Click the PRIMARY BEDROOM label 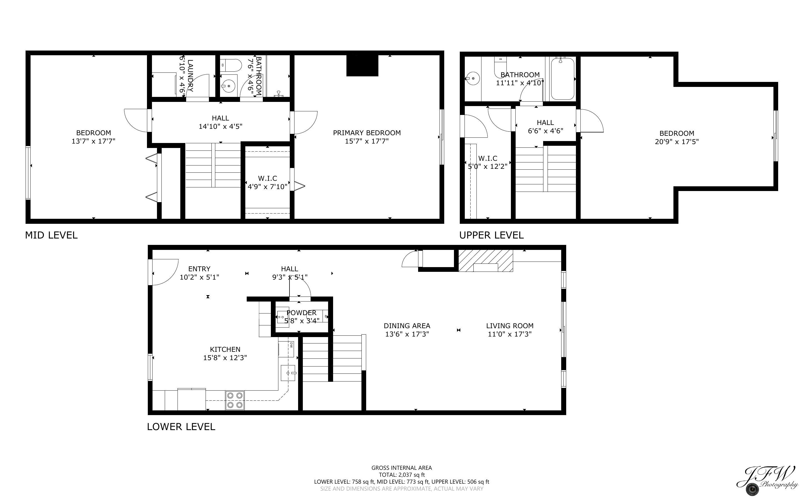point(367,133)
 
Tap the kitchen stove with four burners point(235,400)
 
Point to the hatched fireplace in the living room point(486,261)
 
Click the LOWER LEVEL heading point(181,427)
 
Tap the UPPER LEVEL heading point(491,235)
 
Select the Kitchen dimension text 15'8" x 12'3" point(225,358)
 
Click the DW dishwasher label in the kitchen point(291,345)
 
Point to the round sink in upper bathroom point(472,79)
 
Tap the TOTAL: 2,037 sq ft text point(401,475)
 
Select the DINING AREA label point(407,326)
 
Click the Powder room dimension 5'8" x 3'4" point(301,321)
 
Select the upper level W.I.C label point(488,158)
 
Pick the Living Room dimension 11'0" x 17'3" point(510,334)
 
